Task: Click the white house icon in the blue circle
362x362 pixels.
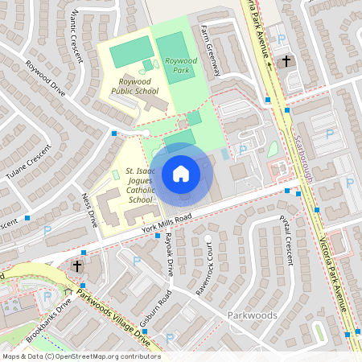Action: click(x=181, y=173)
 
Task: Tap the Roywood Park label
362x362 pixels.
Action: click(x=180, y=65)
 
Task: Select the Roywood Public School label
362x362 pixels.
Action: click(x=134, y=86)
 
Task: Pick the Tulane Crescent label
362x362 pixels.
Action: click(x=27, y=162)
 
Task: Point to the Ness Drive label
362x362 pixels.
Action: click(x=88, y=208)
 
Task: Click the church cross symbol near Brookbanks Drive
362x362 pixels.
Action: click(x=78, y=265)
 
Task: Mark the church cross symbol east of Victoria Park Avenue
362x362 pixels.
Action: click(x=286, y=61)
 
